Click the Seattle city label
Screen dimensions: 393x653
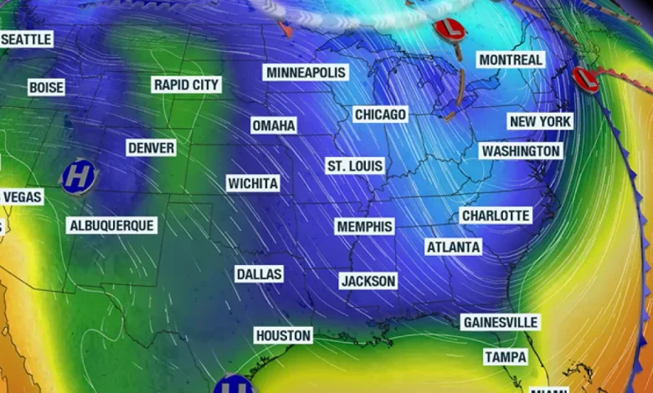(26, 39)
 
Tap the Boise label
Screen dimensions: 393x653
(46, 87)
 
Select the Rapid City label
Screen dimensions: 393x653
(186, 84)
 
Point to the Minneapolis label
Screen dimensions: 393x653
(306, 73)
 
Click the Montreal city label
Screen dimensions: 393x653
(510, 59)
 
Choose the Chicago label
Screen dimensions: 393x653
(380, 114)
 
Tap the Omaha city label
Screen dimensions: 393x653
(274, 125)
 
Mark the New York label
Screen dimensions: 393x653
(540, 121)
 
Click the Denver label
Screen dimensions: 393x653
(152, 148)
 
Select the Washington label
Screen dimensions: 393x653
(520, 151)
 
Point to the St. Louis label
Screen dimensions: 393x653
(355, 166)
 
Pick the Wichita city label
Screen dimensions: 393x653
(253, 183)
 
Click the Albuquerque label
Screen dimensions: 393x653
(111, 225)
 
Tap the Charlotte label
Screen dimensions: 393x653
(496, 216)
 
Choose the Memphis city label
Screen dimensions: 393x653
(364, 227)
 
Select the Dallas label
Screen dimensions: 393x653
(259, 274)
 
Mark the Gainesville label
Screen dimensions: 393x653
(500, 322)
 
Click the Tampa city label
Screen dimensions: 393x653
(506, 357)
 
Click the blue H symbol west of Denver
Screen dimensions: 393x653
(78, 176)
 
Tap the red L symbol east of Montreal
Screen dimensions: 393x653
(585, 79)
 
